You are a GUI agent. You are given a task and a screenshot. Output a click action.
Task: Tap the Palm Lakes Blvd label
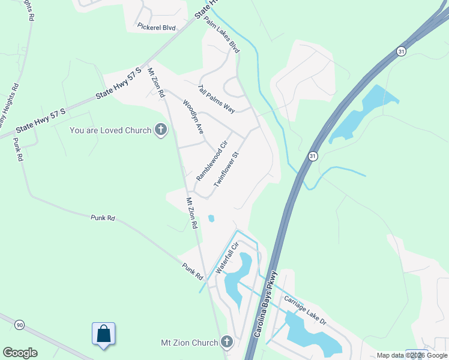pyautogui.click(x=221, y=35)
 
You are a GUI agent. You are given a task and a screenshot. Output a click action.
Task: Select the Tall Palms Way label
pyautogui.click(x=216, y=98)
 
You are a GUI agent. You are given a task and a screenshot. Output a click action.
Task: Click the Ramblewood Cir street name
pyautogui.click(x=213, y=161)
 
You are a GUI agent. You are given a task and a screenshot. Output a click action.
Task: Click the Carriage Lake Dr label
pyautogui.click(x=305, y=311)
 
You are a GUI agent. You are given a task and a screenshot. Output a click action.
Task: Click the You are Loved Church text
pyautogui.click(x=110, y=130)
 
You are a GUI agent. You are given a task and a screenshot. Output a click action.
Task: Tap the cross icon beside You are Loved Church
pyautogui.click(x=160, y=130)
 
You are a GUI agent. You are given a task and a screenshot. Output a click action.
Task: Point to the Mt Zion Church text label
pyautogui.click(x=189, y=343)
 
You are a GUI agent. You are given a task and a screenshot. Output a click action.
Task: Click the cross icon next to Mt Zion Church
pyautogui.click(x=226, y=343)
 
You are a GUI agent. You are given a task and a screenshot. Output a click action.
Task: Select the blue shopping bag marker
pyautogui.click(x=103, y=334)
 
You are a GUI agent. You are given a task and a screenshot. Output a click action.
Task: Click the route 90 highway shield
pyautogui.click(x=20, y=325)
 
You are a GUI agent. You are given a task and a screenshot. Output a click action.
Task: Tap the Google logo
pyautogui.click(x=20, y=353)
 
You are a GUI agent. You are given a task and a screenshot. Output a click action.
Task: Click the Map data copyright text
pyautogui.click(x=412, y=355)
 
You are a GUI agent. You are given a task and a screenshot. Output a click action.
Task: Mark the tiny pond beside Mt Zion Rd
pyautogui.click(x=211, y=218)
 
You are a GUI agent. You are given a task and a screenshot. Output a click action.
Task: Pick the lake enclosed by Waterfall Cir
pyautogui.click(x=239, y=275)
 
